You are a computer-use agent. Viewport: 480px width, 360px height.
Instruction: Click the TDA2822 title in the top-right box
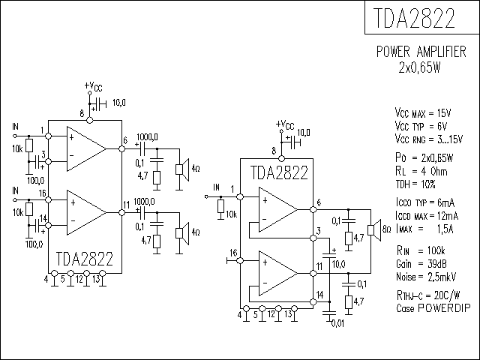point(414,18)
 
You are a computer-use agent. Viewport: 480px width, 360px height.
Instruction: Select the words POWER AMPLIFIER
point(421,52)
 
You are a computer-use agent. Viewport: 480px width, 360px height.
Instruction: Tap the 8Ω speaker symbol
point(374,230)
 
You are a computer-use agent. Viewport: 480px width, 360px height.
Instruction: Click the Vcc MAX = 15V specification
point(423,113)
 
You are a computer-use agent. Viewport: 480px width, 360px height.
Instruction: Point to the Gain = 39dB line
point(421,263)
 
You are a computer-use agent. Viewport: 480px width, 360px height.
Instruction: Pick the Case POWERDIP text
point(433,308)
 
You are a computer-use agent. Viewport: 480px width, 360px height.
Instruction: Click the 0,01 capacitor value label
point(338,323)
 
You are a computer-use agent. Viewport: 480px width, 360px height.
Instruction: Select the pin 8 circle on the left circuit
point(90,120)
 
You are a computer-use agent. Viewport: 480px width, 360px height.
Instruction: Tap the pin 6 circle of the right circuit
point(313,210)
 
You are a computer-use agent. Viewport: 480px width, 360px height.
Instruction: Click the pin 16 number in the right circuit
point(233,253)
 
